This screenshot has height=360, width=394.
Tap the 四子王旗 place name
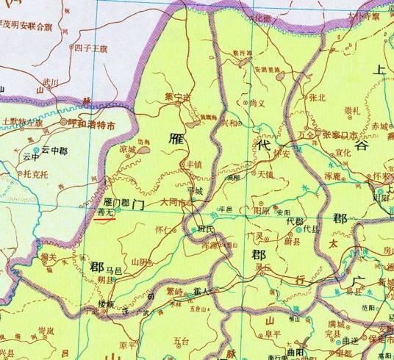(90, 49)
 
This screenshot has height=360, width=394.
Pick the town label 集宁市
(177, 96)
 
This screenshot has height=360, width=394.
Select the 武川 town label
(50, 82)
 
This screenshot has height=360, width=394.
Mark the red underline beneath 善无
(107, 218)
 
